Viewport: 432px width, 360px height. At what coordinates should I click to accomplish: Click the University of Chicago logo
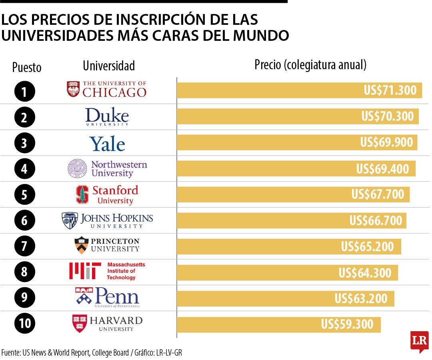[106, 89]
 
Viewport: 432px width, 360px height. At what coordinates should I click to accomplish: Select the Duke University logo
[107, 117]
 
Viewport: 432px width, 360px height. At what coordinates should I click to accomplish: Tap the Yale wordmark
[107, 144]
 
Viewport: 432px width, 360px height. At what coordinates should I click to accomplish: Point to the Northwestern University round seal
[77, 168]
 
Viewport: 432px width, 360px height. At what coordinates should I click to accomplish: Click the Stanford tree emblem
[82, 195]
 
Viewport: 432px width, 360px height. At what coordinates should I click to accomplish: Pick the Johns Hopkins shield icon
[70, 220]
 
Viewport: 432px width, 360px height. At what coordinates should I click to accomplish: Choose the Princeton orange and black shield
[81, 245]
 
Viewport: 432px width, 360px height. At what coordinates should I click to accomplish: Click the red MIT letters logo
[83, 271]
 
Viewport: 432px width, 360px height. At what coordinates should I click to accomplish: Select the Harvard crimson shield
[80, 323]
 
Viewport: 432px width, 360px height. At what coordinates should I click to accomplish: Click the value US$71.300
[390, 90]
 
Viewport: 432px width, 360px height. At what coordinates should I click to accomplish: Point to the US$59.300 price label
[347, 324]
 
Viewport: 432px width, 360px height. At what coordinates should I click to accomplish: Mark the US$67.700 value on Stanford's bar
[378, 194]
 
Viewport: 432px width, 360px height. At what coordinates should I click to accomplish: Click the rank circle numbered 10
[24, 324]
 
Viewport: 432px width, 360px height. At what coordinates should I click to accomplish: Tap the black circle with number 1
[24, 92]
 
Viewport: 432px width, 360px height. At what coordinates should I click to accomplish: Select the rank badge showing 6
[24, 220]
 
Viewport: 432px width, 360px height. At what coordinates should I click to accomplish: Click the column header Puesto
[27, 67]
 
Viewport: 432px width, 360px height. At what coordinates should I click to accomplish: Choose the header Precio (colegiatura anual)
[310, 65]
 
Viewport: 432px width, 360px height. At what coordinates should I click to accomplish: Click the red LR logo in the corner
[419, 341]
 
